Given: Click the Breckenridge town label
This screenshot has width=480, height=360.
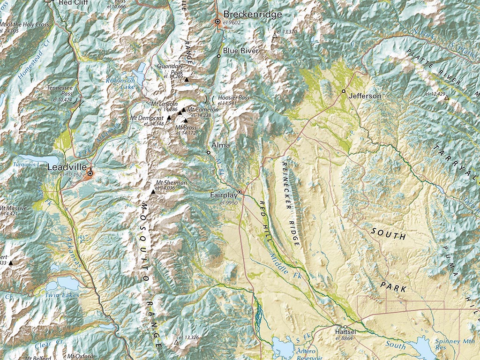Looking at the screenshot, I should (253, 14).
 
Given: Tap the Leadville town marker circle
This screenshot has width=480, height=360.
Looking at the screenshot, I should (90, 173).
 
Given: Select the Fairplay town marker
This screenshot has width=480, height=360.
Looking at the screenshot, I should (240, 192).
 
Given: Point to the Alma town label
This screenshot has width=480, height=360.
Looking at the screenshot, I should (221, 145).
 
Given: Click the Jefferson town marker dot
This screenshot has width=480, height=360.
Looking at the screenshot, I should (344, 91).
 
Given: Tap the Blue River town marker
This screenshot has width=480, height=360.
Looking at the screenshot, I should (218, 56).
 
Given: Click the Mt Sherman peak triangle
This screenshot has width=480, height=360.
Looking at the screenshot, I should (152, 192).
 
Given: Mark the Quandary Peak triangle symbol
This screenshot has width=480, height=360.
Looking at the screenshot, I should (186, 80).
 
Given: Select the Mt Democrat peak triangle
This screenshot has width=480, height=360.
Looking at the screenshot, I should (169, 118).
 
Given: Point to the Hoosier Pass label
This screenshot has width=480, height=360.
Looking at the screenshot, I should (234, 97).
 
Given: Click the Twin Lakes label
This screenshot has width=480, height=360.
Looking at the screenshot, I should (62, 295).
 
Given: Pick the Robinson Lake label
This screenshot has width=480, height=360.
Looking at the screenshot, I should (120, 83).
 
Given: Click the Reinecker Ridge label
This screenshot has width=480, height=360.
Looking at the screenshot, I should (291, 203).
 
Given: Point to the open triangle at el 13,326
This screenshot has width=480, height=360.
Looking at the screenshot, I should (176, 343).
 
